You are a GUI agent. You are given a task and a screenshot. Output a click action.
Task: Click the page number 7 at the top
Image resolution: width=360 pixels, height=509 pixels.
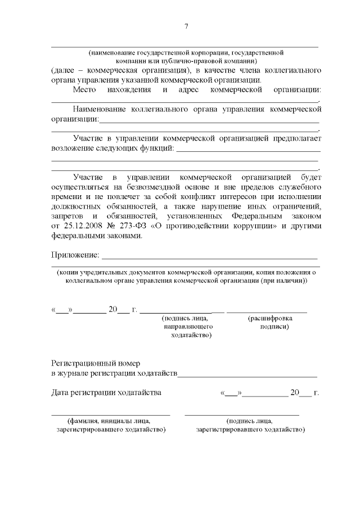click(x=186, y=26)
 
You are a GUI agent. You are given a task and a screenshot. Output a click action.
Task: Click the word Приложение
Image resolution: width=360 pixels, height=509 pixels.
click(x=74, y=255)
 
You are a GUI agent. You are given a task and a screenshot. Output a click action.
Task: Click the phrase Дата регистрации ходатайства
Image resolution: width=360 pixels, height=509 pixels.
click(x=106, y=392)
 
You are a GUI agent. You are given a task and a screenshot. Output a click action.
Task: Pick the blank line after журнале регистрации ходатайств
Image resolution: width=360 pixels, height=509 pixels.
click(x=247, y=375)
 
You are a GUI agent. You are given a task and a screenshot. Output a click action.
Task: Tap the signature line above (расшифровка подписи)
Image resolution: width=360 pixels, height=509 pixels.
click(x=267, y=312)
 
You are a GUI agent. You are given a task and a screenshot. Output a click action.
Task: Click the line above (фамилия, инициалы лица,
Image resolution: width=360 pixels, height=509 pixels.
click(x=111, y=415)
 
